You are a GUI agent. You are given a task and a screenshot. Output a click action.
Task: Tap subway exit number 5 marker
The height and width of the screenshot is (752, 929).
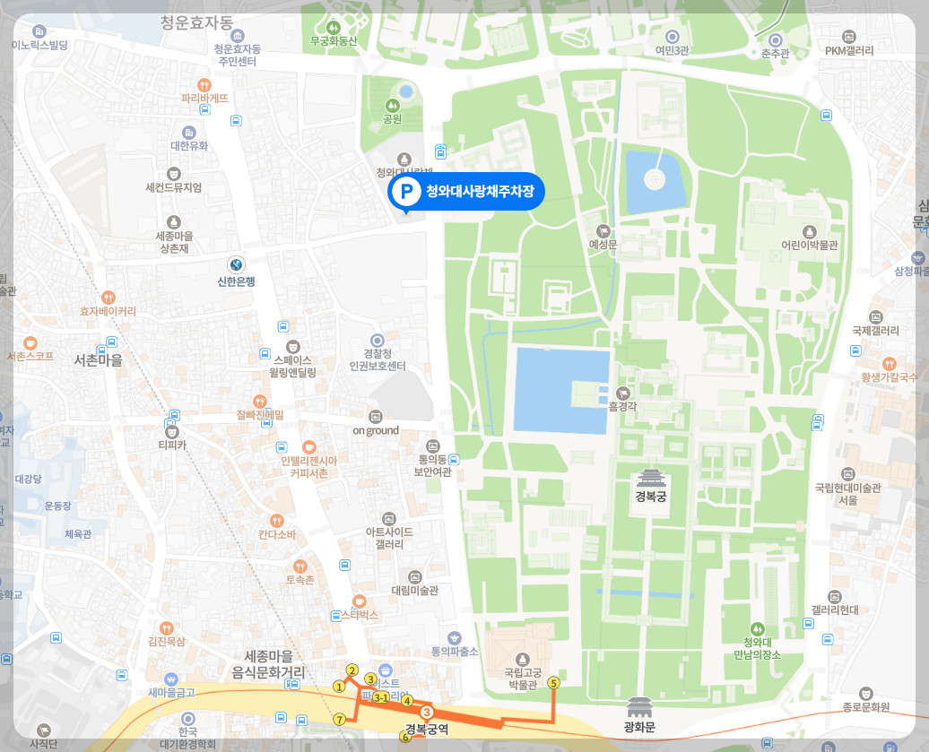coord(553,683)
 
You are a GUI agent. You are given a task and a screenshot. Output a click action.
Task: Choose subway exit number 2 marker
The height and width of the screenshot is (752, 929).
coord(352,670)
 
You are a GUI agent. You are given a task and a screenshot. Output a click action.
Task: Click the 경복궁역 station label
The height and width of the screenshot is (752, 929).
coord(426,730)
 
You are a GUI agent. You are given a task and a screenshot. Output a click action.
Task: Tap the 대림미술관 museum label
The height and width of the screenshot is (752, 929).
coord(414,592)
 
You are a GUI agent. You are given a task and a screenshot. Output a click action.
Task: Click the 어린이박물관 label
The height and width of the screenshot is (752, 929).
coord(809,245)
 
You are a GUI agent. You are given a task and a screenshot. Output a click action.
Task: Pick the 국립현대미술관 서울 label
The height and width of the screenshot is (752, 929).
coord(848,494)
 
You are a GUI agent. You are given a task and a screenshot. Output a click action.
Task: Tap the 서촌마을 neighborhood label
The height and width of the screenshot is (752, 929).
coord(98,360)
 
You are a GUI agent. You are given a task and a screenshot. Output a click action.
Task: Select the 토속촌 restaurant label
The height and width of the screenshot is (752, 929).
coord(300,580)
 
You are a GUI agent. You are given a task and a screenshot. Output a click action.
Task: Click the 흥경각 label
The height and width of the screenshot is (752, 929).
coord(621,406)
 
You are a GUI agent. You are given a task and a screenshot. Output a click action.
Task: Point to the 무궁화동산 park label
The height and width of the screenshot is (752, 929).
coord(334,40)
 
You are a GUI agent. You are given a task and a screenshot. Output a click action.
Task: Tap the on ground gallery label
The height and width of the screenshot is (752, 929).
coord(376,430)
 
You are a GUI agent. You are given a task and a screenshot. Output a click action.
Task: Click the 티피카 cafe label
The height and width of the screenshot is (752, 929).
coord(171,445)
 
